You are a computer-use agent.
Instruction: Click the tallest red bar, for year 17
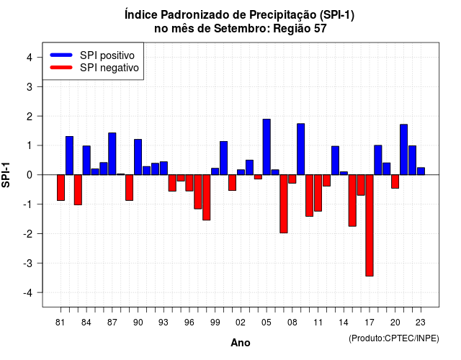point(370,225)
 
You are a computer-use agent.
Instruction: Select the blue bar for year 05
point(267,147)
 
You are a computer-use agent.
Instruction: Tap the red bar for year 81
point(61,187)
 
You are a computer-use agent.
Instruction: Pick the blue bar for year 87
point(112,153)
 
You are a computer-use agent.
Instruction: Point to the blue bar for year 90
point(138,157)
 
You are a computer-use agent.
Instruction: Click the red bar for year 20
point(395,181)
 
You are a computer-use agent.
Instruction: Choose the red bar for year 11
point(318,193)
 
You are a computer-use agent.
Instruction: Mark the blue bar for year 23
point(421,171)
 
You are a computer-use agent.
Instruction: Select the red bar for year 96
point(189,183)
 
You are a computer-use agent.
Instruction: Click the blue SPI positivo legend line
point(61,55)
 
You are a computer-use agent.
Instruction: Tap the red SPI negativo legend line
point(61,68)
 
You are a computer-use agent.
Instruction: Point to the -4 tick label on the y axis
point(28,293)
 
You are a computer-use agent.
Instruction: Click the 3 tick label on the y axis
point(30,86)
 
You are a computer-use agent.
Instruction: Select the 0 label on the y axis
point(30,175)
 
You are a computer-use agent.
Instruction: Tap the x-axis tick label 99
point(215,323)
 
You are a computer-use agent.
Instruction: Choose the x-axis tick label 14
point(344,323)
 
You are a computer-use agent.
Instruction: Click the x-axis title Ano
point(241,343)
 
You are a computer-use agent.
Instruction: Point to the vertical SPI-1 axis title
point(6,175)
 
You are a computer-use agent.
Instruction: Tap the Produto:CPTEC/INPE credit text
point(394,338)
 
